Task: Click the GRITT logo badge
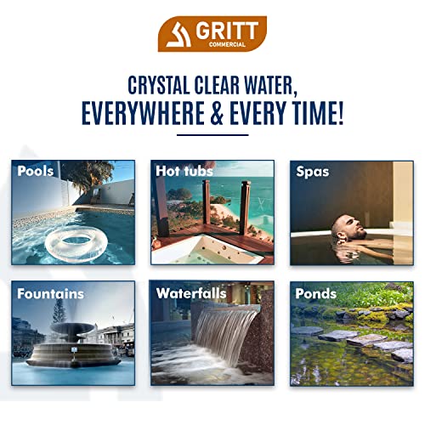(x=212, y=33)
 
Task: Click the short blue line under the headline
(x=212, y=135)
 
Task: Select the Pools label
(x=35, y=171)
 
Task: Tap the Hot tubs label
(x=184, y=171)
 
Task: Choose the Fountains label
(x=50, y=294)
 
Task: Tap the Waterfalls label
(x=191, y=294)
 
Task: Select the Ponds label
(x=315, y=294)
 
